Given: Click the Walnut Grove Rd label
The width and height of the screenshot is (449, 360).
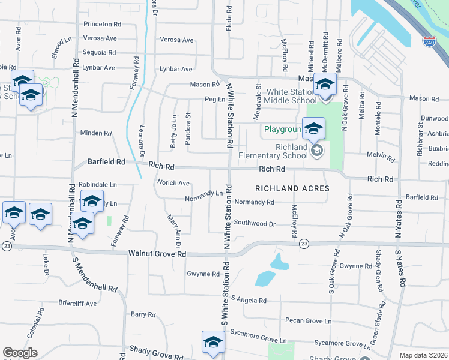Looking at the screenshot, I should pyautogui.click(x=157, y=254).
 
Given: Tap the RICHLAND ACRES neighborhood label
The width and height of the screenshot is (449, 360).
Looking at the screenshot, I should pyautogui.click(x=292, y=188).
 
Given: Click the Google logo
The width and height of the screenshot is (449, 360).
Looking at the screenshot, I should pyautogui.click(x=20, y=353).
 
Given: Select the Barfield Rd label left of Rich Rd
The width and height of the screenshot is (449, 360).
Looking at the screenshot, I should pyautogui.click(x=106, y=162).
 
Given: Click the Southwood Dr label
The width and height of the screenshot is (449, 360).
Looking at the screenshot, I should pyautogui.click(x=255, y=224).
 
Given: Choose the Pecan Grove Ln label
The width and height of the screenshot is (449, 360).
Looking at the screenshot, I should pyautogui.click(x=308, y=321).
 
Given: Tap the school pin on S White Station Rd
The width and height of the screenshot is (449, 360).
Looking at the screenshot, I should pyautogui.click(x=213, y=343).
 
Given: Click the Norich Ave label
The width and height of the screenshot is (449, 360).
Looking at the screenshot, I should pyautogui.click(x=173, y=183).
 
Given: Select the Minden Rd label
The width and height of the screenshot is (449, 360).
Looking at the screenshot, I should pyautogui.click(x=96, y=133).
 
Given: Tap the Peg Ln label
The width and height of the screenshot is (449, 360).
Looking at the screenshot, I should pyautogui.click(x=214, y=99).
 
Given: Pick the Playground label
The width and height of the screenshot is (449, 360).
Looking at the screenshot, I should pyautogui.click(x=282, y=130).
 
